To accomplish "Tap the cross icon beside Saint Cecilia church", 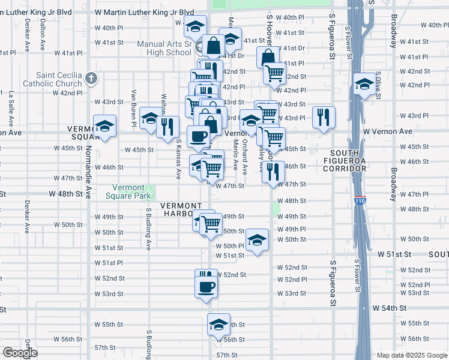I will [x=91, y=78].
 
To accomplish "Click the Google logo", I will [x=20, y=353].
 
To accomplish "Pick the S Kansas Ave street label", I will [x=178, y=160].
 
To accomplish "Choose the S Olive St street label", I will [x=378, y=83].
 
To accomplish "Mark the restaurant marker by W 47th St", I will [x=273, y=171].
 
